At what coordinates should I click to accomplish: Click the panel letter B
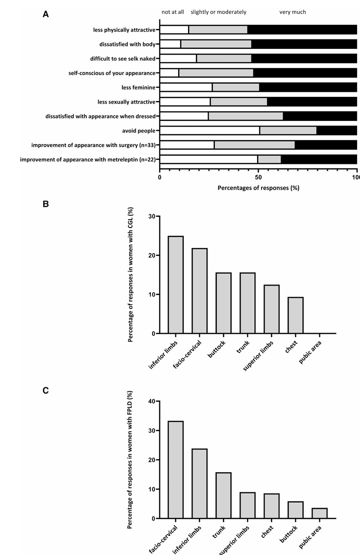click(45, 204)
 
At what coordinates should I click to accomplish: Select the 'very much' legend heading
click(292, 12)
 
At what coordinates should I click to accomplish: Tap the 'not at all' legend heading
click(173, 12)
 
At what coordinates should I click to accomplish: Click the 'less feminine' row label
click(138, 87)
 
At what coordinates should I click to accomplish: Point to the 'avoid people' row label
click(139, 131)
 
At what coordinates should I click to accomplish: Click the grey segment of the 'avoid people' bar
click(288, 130)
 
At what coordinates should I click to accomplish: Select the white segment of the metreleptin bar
click(209, 159)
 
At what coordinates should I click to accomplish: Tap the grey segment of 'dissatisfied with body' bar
click(216, 44)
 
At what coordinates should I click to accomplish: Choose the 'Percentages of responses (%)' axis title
click(258, 188)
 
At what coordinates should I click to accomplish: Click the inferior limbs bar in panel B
click(176, 284)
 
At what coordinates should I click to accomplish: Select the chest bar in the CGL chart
click(296, 315)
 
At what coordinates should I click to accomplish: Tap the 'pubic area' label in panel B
click(310, 352)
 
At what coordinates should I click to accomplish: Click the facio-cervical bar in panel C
click(176, 470)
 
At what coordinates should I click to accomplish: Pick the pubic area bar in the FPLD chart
click(320, 513)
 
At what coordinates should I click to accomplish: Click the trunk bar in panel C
click(224, 496)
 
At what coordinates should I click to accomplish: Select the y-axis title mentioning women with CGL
click(130, 275)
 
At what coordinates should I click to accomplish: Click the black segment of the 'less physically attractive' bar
click(302, 30)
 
